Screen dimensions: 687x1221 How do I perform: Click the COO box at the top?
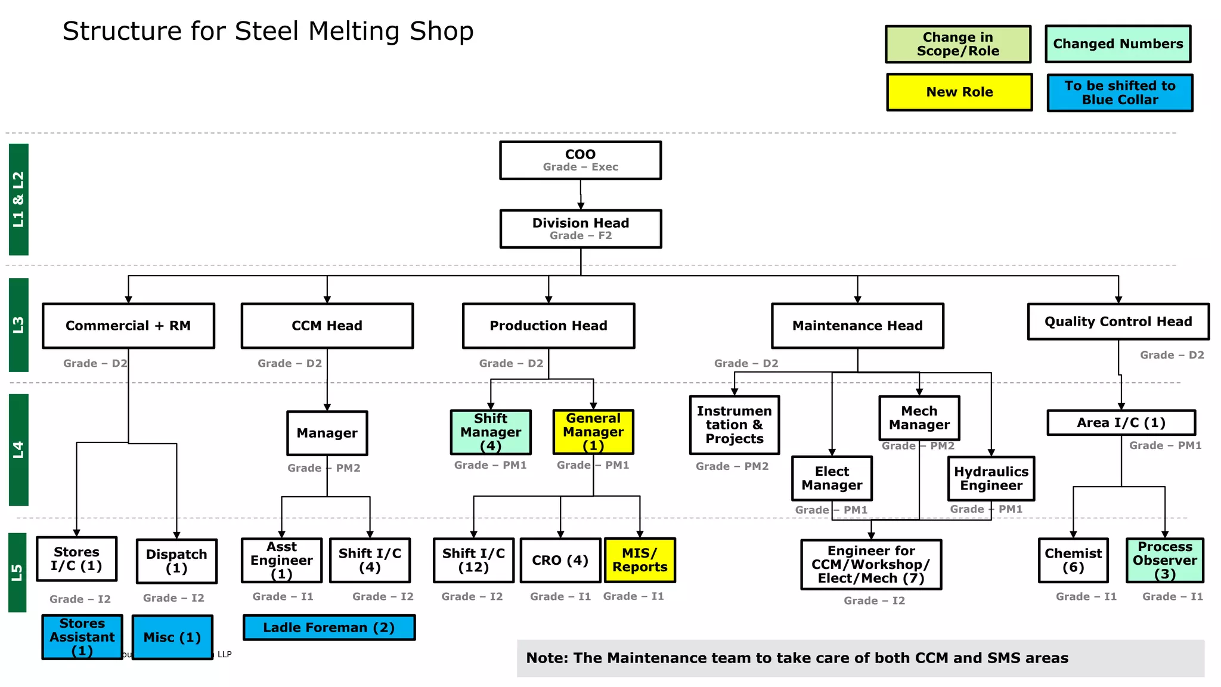coord(580,160)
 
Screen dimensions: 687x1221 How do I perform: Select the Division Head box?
coord(580,228)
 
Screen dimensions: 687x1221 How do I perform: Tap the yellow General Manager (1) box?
coord(593,432)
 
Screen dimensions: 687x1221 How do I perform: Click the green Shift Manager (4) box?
coord(491,432)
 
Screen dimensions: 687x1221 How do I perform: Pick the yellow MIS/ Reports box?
coord(640,560)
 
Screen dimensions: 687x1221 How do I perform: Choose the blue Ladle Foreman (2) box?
coord(329,627)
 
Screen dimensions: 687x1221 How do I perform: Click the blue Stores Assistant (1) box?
coord(82,637)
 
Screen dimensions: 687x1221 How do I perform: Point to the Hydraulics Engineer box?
coord(991,478)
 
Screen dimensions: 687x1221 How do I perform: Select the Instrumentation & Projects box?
coord(734,425)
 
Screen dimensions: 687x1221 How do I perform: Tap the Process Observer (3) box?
coord(1164,560)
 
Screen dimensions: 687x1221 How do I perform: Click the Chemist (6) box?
coord(1073,560)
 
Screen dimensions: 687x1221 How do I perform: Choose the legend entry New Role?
coord(959,92)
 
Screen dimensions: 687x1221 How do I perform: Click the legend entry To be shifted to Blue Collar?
coord(1120,92)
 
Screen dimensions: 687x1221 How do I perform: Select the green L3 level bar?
coord(18,324)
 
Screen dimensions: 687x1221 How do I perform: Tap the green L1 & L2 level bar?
coord(18,199)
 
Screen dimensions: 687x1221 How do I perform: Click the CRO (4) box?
coord(560,560)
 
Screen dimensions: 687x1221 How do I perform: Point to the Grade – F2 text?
coord(580,236)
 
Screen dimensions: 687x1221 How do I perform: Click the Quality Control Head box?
coord(1118,321)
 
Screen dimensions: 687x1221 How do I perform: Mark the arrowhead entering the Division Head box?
coord(581,206)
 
